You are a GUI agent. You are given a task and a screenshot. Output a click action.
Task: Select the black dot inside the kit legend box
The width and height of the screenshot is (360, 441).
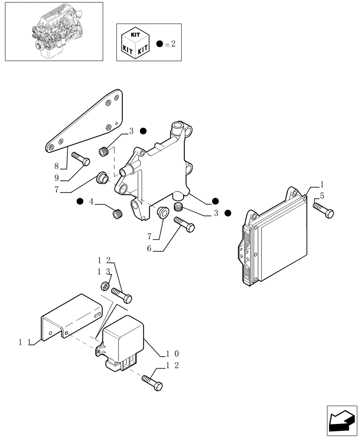point(159,44)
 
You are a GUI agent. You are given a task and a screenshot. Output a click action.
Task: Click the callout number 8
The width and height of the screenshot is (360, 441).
point(56,167)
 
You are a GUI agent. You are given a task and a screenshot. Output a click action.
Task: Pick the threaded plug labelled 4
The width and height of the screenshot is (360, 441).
point(117,214)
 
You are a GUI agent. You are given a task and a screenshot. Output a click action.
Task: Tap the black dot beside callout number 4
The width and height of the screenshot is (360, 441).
point(79,202)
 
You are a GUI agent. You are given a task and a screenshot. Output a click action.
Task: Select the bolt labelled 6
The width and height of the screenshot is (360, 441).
point(185,224)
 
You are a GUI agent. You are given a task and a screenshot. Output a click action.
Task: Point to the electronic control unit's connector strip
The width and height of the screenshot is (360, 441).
point(245,254)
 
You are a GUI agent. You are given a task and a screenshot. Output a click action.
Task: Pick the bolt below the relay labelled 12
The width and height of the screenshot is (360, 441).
point(153,382)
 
